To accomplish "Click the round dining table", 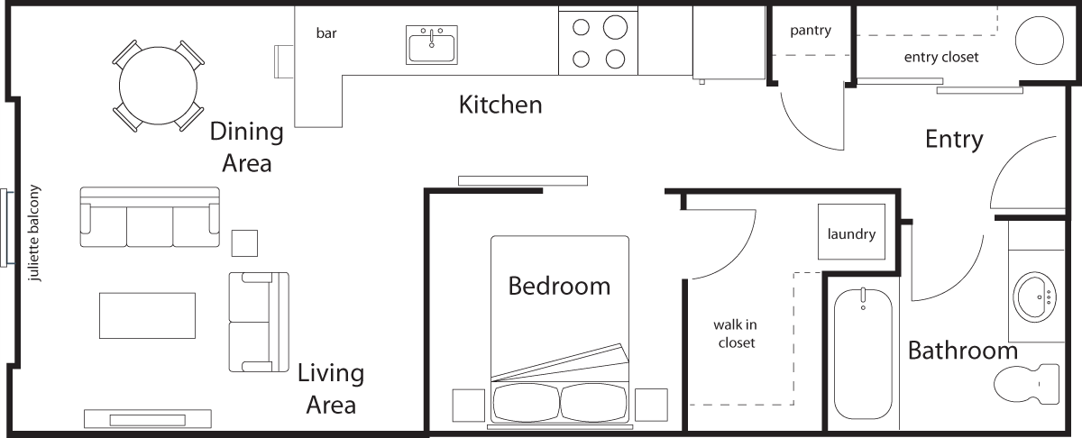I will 159,85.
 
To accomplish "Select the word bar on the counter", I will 326,33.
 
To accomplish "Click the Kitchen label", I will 500,105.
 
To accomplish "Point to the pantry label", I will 811,31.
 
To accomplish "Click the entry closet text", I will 941,58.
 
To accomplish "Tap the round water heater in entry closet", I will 1041,39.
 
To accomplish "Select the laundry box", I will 851,234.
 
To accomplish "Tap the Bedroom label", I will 559,287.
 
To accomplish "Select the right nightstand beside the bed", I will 651,405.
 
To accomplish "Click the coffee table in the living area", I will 147,315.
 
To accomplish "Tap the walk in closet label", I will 736,333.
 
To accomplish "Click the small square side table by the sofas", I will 244,243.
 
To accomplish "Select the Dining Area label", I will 245,147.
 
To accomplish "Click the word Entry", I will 954,140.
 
